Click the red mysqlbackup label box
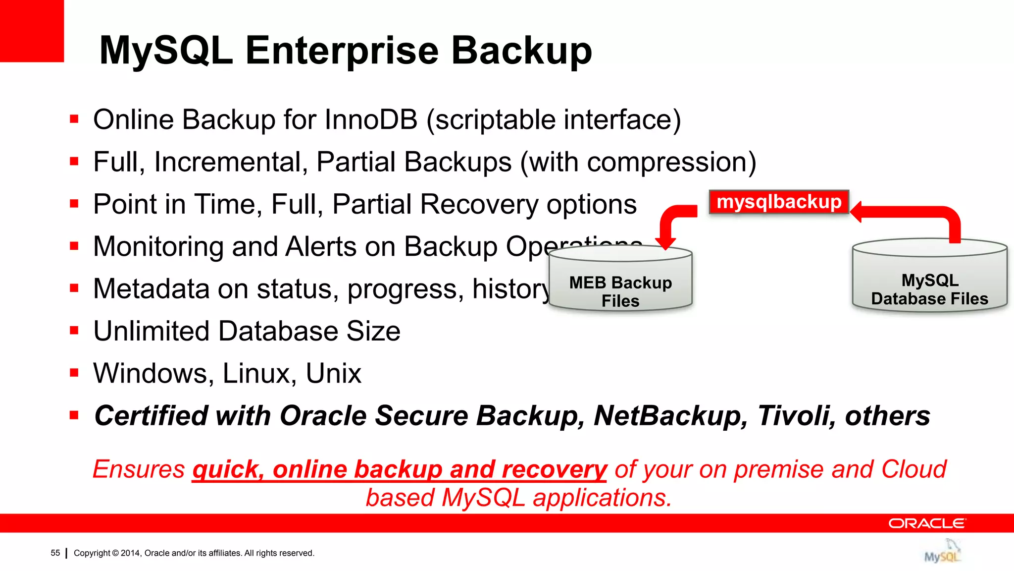779,202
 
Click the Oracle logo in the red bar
926,523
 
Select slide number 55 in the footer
55,553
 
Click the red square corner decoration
32,31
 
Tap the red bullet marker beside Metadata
74,288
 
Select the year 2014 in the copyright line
130,553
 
